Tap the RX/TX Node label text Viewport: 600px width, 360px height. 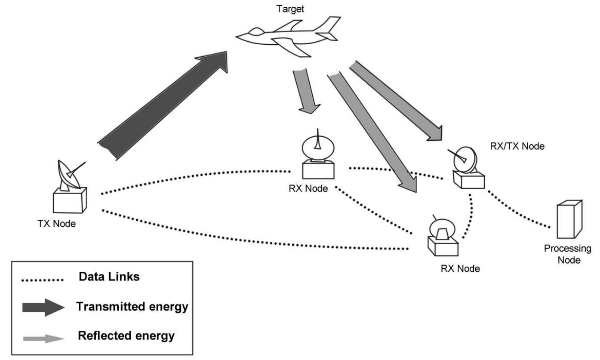(x=517, y=146)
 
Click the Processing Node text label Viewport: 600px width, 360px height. (x=567, y=254)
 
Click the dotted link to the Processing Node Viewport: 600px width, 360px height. (x=518, y=209)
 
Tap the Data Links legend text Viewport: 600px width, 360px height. (x=109, y=277)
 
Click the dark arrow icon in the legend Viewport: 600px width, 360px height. (x=43, y=307)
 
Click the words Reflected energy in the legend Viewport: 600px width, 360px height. (x=126, y=335)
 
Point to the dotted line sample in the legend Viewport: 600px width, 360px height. (x=42, y=280)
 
